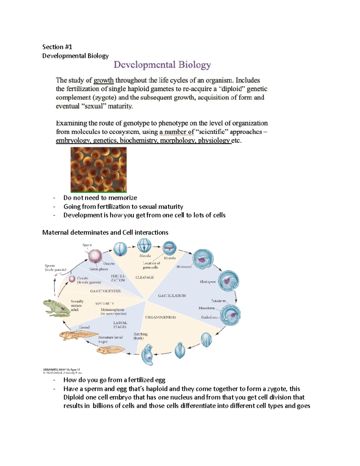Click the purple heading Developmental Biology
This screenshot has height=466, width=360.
click(162, 65)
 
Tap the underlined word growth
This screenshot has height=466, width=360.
click(103, 80)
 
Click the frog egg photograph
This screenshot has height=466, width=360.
click(98, 170)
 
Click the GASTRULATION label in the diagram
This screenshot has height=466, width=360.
click(172, 296)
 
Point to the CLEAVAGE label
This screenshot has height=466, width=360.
click(145, 277)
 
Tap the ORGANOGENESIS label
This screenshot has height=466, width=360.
click(160, 317)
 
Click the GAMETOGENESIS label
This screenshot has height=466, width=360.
click(105, 291)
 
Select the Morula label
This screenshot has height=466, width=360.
click(145, 256)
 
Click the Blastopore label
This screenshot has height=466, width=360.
click(208, 282)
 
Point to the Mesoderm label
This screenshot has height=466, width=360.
click(206, 308)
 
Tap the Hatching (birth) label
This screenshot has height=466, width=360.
click(140, 336)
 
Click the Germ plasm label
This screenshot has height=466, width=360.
click(98, 269)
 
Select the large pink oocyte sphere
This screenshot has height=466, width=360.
click(95, 256)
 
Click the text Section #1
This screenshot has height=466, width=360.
click(57, 47)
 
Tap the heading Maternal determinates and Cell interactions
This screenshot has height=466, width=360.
click(105, 233)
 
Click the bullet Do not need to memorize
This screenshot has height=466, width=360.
click(100, 198)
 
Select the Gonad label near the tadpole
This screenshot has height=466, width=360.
click(84, 327)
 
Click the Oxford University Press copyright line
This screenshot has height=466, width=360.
click(62, 373)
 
